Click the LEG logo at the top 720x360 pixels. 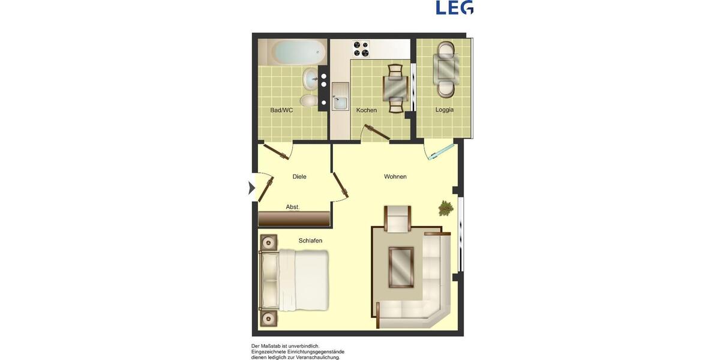[x=454, y=7]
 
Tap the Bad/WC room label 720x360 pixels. [x=281, y=110]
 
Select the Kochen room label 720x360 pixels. [x=367, y=110]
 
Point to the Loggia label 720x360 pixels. [x=445, y=110]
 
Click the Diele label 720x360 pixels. [x=299, y=176]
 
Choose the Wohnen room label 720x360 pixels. [x=395, y=176]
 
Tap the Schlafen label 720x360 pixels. [x=310, y=241]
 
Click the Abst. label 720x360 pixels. [x=293, y=207]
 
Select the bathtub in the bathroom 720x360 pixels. [x=292, y=52]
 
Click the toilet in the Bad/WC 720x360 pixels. [x=308, y=101]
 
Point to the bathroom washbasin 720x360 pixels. [x=311, y=79]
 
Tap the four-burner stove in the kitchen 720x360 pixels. [x=361, y=48]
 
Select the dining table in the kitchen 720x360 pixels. [x=395, y=89]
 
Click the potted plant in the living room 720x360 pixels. [x=446, y=208]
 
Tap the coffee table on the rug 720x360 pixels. [x=400, y=267]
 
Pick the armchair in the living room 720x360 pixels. [x=397, y=219]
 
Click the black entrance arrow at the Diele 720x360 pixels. [x=252, y=188]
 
